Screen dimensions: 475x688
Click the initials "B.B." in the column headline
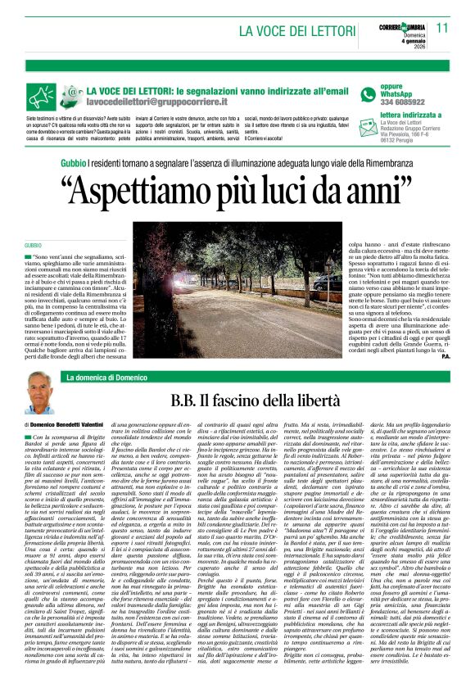tap(188, 401)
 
